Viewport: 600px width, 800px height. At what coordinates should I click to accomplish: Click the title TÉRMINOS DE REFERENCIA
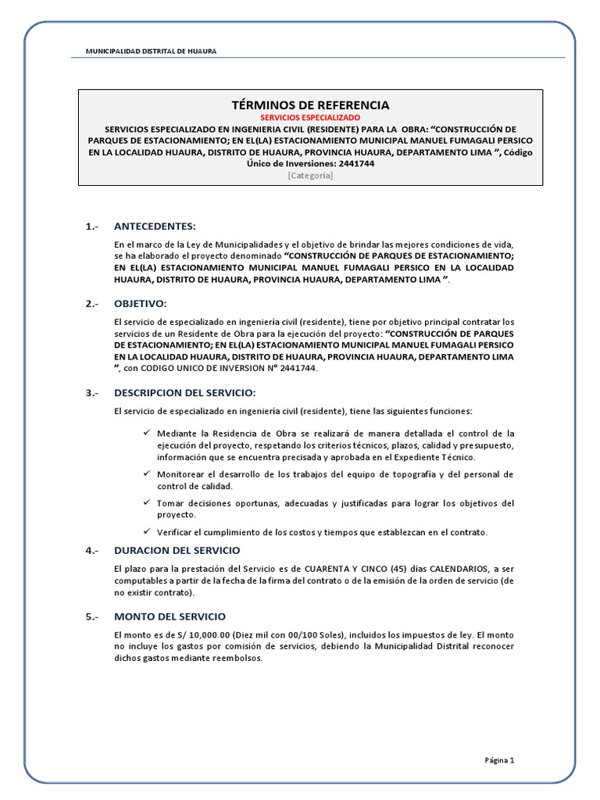point(310,105)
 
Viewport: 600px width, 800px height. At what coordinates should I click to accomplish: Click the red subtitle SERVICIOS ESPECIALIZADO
point(310,117)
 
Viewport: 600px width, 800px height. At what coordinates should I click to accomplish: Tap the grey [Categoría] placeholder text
point(310,176)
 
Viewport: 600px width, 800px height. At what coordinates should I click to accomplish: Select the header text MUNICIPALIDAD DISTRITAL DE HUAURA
point(152,51)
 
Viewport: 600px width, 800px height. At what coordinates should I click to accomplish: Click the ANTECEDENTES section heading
point(155,227)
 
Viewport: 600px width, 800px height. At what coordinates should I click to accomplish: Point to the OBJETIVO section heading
point(141,303)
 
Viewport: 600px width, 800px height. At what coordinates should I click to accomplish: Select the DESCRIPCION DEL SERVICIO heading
point(184,392)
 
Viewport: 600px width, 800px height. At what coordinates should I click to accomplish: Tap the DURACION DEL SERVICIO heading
point(177,550)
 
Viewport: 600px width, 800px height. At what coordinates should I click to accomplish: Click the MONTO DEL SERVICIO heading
point(170,616)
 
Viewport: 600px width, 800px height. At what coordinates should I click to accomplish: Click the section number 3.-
point(93,392)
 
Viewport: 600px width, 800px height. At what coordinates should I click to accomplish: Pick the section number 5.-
point(93,616)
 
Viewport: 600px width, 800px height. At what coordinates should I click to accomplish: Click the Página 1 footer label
point(499,759)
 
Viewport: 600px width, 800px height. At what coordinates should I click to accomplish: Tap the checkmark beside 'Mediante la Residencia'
point(146,433)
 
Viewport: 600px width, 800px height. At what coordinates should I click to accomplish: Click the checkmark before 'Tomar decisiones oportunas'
point(146,502)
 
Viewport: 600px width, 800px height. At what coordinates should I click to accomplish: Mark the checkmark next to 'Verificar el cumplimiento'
point(146,531)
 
